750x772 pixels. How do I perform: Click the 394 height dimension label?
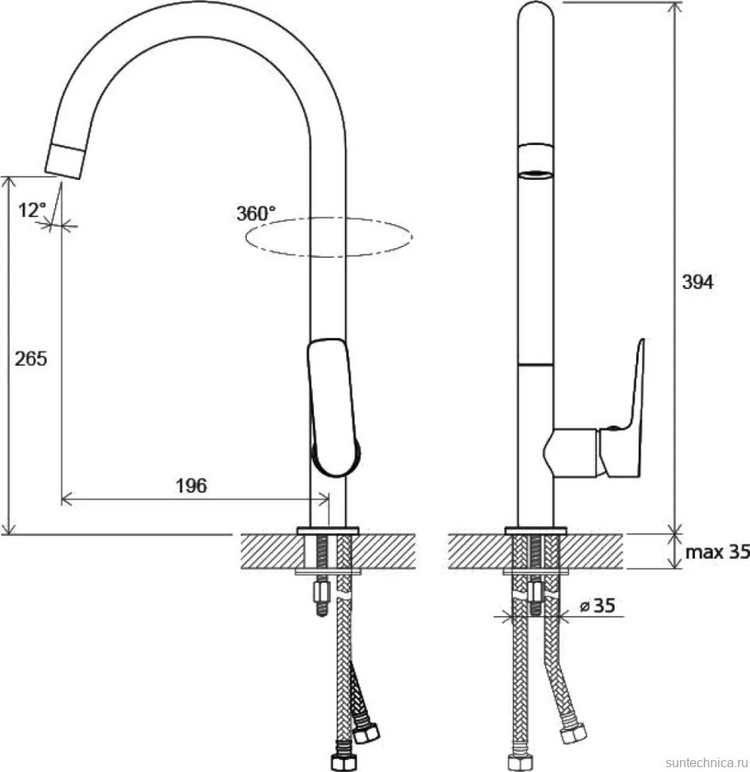[x=697, y=282]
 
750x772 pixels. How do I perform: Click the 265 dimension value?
[x=30, y=358]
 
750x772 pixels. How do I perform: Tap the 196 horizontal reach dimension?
[x=191, y=486]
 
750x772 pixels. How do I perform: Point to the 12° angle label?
[x=32, y=210]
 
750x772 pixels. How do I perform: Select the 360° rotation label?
[x=256, y=213]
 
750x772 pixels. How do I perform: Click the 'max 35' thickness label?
[x=717, y=552]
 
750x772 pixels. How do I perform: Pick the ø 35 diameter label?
[x=598, y=605]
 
